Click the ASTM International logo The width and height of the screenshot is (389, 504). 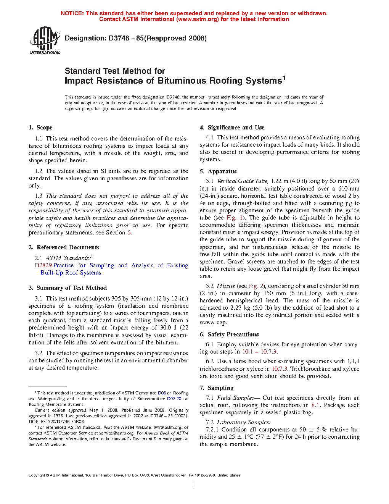pyautogui.click(x=45, y=40)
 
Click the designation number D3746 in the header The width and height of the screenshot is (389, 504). pyautogui.click(x=119, y=38)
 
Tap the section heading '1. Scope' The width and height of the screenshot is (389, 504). pyautogui.click(x=40, y=128)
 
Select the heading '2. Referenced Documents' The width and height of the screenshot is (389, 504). pyautogui.click(x=64, y=247)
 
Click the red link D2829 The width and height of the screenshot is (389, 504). pyautogui.click(x=43, y=265)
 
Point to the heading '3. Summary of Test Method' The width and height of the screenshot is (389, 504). pyautogui.click(x=68, y=288)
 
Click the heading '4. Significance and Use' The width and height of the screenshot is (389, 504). pyautogui.click(x=232, y=128)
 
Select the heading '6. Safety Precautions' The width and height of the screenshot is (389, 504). pyautogui.click(x=229, y=334)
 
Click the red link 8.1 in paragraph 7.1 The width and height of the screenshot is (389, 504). pyautogui.click(x=315, y=405)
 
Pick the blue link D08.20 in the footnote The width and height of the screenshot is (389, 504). pyautogui.click(x=174, y=399)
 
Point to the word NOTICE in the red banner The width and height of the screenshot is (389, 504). pyautogui.click(x=72, y=13)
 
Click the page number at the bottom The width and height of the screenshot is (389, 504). pyautogui.click(x=194, y=485)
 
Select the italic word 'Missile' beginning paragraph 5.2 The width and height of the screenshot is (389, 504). pyautogui.click(x=226, y=286)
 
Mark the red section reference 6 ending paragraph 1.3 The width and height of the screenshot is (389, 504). pyautogui.click(x=129, y=233)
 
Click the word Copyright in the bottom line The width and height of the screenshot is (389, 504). pyautogui.click(x=37, y=475)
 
